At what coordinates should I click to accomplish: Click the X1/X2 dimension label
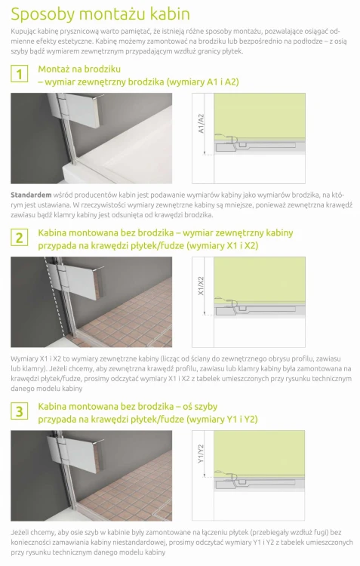201,286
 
